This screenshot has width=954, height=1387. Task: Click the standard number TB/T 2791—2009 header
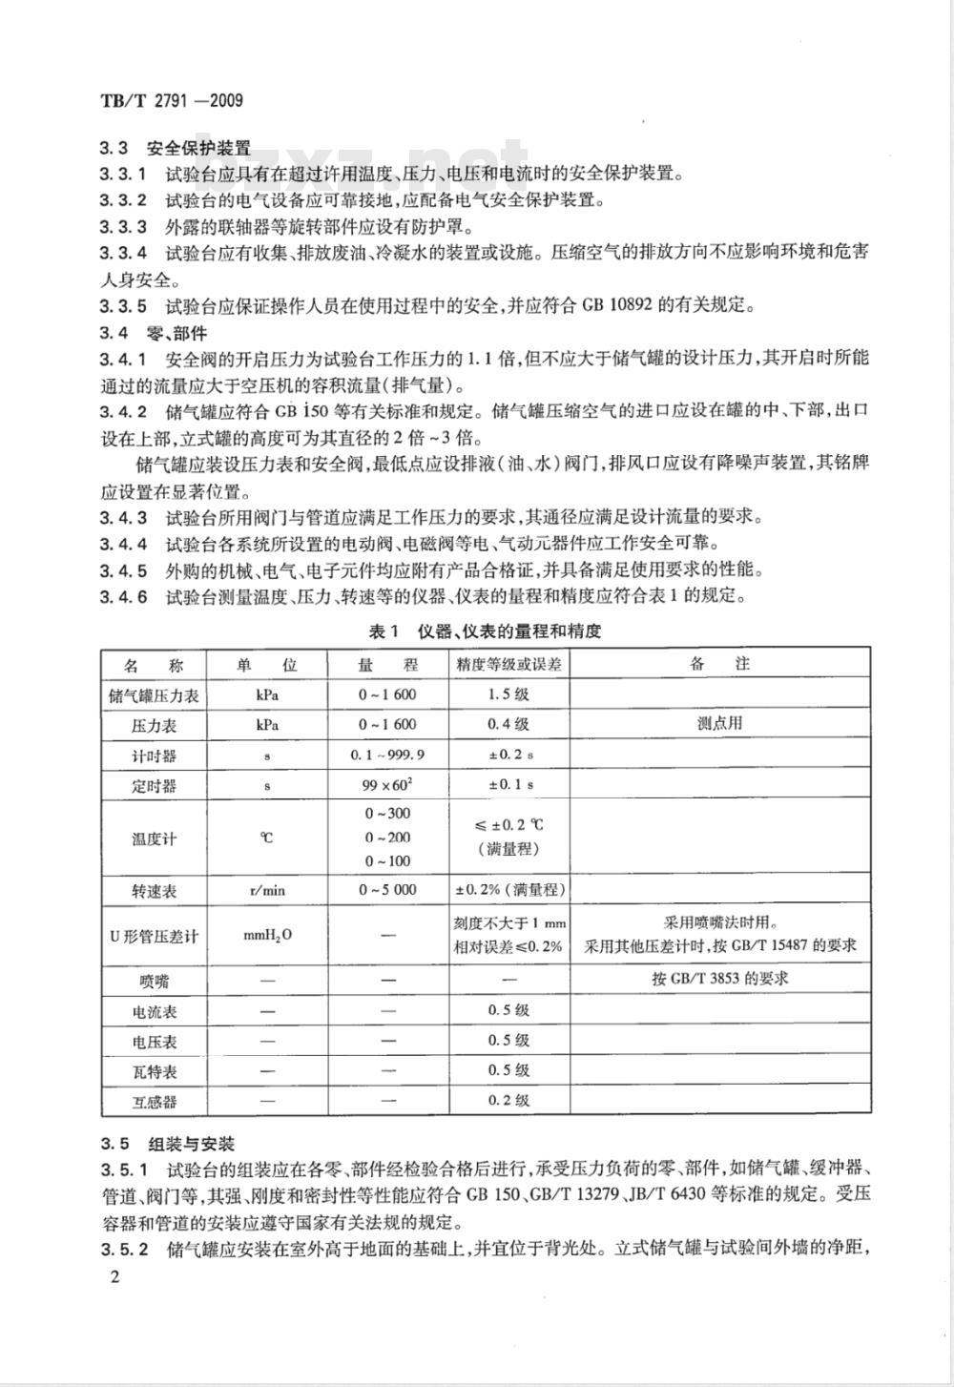[171, 100]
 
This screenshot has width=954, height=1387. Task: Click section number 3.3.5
[123, 306]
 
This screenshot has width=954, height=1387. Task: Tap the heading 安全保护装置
[198, 149]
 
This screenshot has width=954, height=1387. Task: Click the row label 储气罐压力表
[154, 695]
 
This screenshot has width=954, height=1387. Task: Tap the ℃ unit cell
[267, 838]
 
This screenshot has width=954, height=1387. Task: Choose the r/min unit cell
[267, 891]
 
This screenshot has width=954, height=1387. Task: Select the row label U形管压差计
[154, 936]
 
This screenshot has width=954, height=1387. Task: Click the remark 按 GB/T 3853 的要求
[720, 979]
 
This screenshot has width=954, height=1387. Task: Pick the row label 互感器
[154, 1102]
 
